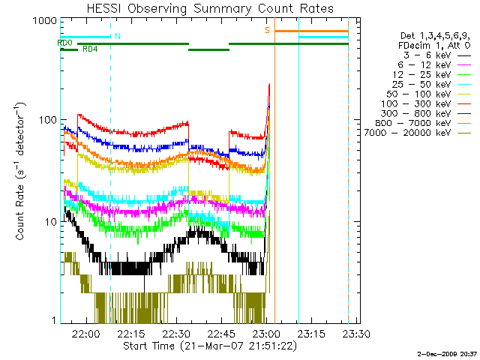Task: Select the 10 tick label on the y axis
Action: tap(49, 222)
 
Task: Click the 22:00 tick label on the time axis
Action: tap(87, 334)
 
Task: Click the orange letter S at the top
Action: tap(267, 30)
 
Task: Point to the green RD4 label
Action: tap(89, 49)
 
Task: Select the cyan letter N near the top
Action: tap(117, 36)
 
